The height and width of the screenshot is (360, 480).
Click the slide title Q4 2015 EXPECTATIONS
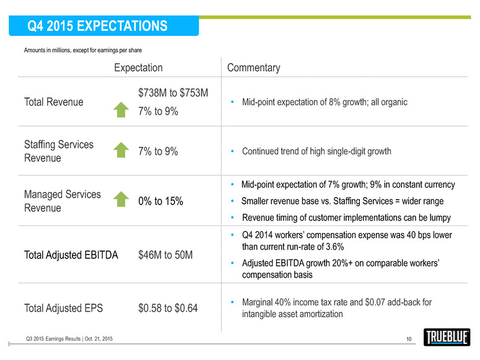pyautogui.click(x=98, y=26)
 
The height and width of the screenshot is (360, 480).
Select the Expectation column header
pyautogui.click(x=138, y=68)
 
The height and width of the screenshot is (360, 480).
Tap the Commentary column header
pyautogui.click(x=254, y=68)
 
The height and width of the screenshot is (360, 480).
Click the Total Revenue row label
pyautogui.click(x=53, y=102)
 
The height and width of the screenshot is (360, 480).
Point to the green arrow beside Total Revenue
pyautogui.click(x=122, y=110)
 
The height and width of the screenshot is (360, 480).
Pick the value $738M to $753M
pyautogui.click(x=173, y=93)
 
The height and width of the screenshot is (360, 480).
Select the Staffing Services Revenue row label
pyautogui.click(x=59, y=151)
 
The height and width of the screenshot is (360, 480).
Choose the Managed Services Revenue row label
pyautogui.click(x=62, y=201)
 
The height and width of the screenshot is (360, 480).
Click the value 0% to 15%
pyautogui.click(x=160, y=201)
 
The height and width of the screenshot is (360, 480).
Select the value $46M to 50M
pyautogui.click(x=165, y=255)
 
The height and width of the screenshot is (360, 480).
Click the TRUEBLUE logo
pyautogui.click(x=447, y=337)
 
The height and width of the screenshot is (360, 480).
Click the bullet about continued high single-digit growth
pyautogui.click(x=316, y=151)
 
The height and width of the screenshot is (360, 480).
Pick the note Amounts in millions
pyautogui.click(x=82, y=50)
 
